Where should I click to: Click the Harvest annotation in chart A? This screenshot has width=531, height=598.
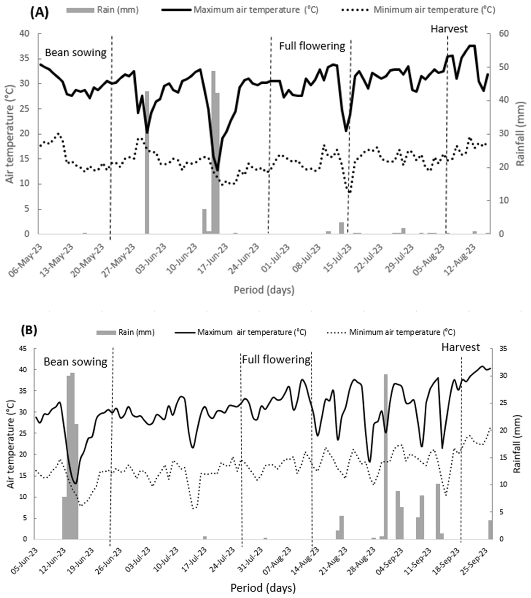[449, 29]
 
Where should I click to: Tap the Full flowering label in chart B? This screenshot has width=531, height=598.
[276, 359]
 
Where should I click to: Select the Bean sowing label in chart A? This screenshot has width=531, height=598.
[76, 53]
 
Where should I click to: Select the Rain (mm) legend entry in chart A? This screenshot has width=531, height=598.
[102, 10]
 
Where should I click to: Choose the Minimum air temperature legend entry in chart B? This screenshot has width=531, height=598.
[391, 332]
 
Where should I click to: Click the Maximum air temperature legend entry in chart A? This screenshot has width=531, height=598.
[240, 10]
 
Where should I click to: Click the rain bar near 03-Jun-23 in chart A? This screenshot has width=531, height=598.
[147, 162]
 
